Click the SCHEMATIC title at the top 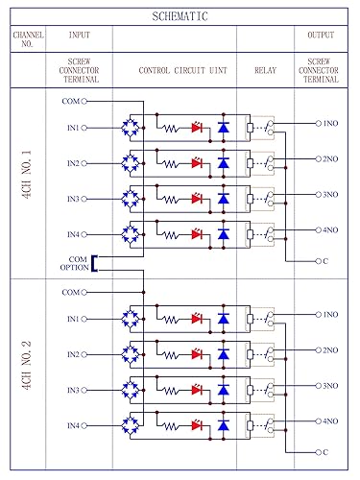click(180, 16)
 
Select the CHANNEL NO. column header click(28, 39)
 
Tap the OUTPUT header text click(321, 36)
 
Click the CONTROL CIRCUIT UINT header click(174, 70)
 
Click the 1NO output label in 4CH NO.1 click(329, 123)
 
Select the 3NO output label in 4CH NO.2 click(329, 386)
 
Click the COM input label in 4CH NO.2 click(70, 292)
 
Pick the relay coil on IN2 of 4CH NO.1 click(251, 162)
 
